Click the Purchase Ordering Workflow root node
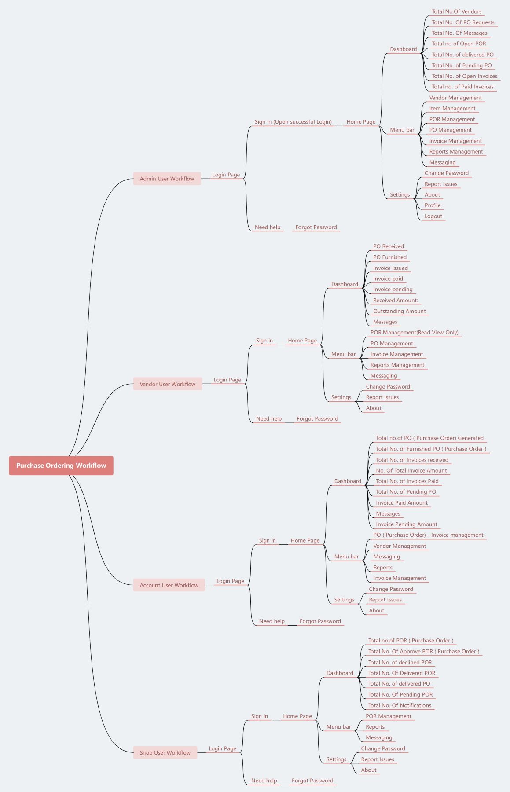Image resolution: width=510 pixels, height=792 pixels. click(61, 466)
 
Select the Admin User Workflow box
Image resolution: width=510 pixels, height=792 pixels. click(167, 179)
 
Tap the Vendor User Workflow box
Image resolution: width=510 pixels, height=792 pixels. click(167, 384)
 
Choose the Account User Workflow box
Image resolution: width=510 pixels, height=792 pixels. click(169, 585)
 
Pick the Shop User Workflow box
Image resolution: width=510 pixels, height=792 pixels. click(165, 753)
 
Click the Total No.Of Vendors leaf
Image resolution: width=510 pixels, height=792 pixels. click(456, 12)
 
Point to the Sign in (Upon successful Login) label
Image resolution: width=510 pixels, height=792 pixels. click(293, 122)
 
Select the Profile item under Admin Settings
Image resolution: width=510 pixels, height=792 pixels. click(432, 205)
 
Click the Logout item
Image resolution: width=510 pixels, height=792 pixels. click(433, 216)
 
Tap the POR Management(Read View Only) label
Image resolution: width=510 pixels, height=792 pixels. click(414, 333)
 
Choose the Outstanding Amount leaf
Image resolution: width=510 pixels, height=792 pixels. click(399, 311)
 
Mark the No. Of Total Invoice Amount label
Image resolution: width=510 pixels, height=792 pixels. click(411, 471)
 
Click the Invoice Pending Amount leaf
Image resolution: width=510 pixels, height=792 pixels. click(406, 524)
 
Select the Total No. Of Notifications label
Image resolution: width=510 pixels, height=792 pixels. click(400, 705)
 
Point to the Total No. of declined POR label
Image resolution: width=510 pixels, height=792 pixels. click(400, 663)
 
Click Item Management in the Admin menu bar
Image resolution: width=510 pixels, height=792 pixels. click(452, 109)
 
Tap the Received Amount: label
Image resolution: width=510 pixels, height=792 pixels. click(395, 301)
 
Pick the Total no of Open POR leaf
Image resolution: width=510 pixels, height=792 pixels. click(459, 44)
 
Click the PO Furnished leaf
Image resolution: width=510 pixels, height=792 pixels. click(389, 257)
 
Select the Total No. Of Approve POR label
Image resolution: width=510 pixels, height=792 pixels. click(423, 652)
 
